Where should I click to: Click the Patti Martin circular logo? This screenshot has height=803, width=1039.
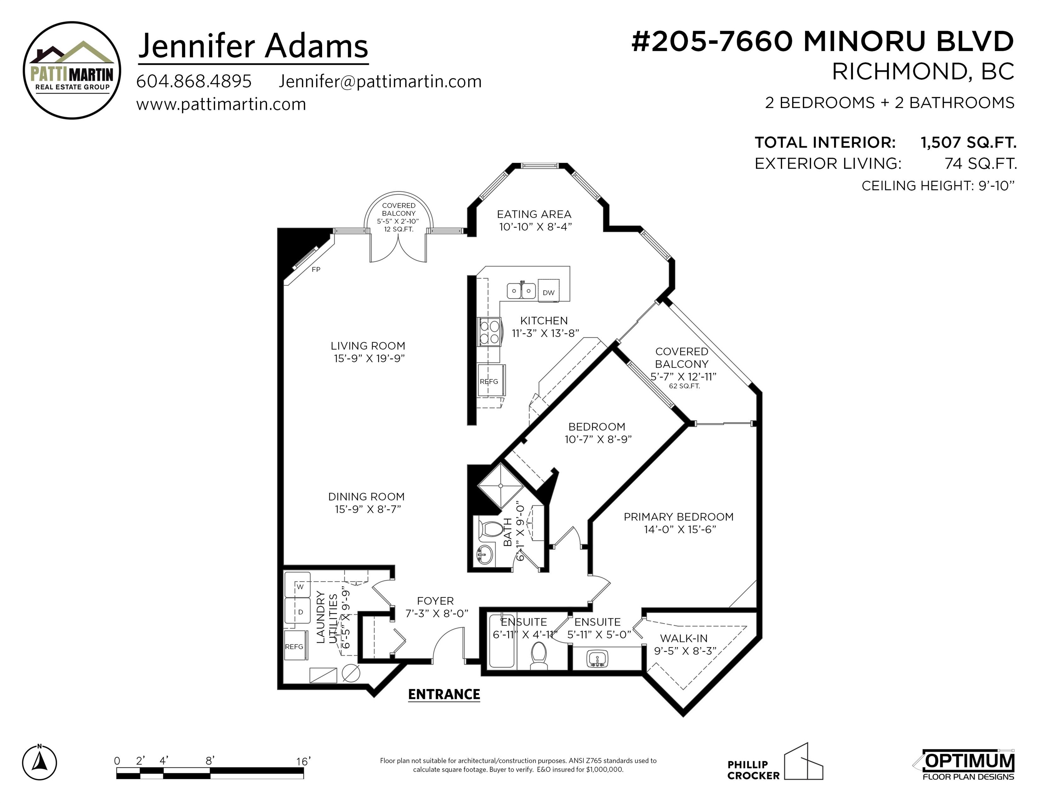[72, 70]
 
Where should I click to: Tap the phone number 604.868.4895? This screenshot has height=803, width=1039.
[194, 81]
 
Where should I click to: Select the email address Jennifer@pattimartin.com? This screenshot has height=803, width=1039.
[380, 81]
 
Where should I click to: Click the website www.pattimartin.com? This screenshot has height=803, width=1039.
[221, 104]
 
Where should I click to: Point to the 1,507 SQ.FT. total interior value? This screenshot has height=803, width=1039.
[969, 142]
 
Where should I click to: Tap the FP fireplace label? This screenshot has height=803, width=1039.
[316, 269]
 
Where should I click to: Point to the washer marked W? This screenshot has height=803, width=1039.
[297, 585]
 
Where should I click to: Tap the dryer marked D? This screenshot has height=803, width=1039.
[297, 611]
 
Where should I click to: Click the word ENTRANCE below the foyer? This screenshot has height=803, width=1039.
[444, 695]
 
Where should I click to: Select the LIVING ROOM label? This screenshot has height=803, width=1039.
[368, 346]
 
